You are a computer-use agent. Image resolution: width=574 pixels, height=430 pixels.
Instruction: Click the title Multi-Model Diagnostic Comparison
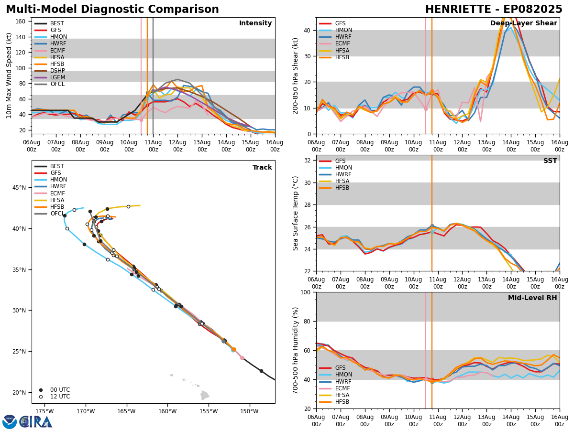tap(112, 10)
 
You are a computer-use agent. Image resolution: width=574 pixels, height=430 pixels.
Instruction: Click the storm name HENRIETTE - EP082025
tap(494, 10)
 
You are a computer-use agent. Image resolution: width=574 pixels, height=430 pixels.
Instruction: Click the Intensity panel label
tap(255, 23)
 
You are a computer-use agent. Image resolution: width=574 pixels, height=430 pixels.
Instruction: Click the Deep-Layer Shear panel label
tap(523, 23)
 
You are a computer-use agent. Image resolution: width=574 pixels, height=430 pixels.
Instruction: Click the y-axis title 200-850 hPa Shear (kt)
tap(296, 75)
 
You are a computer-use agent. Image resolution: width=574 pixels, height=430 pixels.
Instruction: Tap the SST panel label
tap(550, 161)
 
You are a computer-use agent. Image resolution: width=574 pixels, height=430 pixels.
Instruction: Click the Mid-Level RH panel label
tap(532, 298)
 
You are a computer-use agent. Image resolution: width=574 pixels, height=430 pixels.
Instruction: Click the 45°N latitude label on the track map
tap(19, 188)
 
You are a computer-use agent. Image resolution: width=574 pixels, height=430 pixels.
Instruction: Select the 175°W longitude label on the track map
tap(44, 411)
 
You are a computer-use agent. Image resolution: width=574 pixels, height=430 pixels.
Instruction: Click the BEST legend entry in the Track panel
tap(57, 166)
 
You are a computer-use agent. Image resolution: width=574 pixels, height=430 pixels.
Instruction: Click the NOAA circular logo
tap(10, 422)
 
